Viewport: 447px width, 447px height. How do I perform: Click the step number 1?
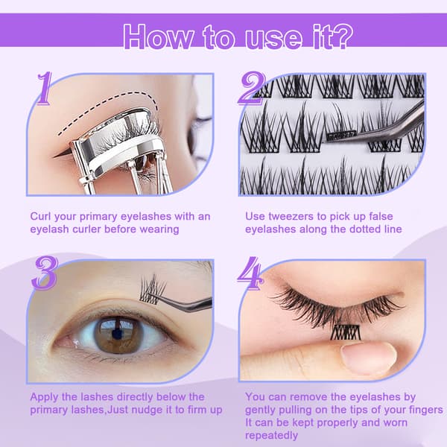point(44,89)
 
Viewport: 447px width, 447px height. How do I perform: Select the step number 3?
point(45,273)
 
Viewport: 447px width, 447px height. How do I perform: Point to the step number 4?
point(250,273)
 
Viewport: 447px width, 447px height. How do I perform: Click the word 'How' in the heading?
point(158,37)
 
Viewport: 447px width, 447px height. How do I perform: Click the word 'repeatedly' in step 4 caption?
point(271,436)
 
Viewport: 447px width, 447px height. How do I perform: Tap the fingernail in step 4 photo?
point(369,358)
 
